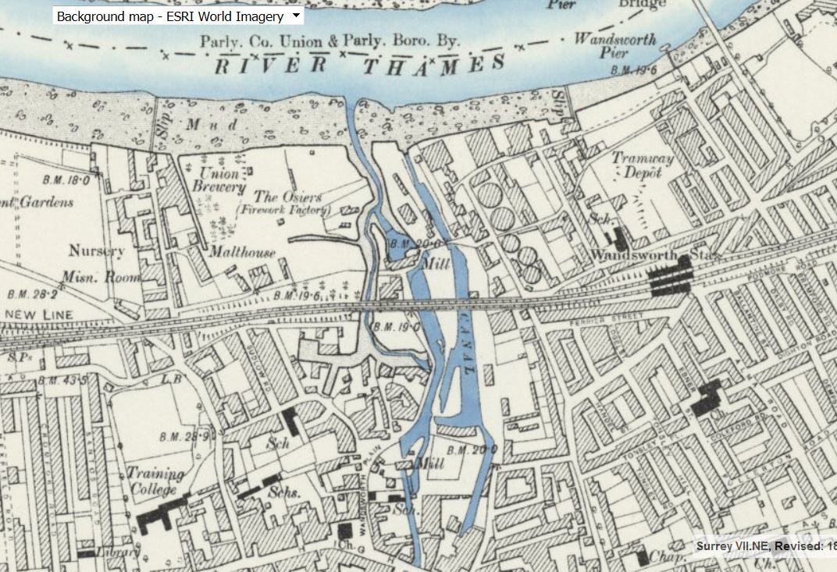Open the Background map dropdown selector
(177, 16)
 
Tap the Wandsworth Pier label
(616, 46)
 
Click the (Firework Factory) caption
(283, 211)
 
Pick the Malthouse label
(241, 252)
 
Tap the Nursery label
(96, 251)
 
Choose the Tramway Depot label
(642, 165)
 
